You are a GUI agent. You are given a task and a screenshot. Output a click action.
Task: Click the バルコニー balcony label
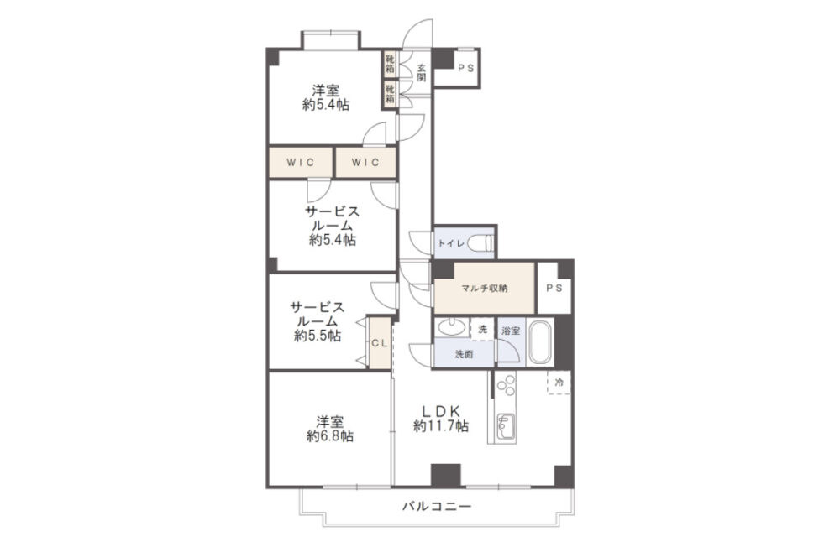click(437, 506)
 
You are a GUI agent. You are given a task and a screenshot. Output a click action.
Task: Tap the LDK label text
click(442, 412)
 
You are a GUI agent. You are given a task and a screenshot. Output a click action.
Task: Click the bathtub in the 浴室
click(540, 342)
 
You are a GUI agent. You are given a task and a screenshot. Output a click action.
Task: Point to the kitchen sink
click(505, 426)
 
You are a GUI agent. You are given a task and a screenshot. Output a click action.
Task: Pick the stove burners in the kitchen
click(506, 385)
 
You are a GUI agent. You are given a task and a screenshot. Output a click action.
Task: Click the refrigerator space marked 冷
click(559, 383)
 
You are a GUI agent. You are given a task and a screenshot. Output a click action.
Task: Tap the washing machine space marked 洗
click(482, 330)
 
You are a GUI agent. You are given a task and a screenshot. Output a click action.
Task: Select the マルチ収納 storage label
click(485, 289)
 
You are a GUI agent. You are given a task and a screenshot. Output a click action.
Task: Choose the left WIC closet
click(301, 163)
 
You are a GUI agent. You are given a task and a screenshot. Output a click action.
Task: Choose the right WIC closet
click(366, 163)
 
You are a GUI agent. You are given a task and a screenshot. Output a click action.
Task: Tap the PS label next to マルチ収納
click(554, 288)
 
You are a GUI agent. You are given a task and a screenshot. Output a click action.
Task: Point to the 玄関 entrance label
click(422, 73)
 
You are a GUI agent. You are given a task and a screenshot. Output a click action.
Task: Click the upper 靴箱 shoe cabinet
click(390, 64)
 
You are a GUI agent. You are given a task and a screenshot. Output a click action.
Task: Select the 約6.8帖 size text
click(329, 436)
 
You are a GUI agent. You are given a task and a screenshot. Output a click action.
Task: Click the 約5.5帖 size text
click(318, 336)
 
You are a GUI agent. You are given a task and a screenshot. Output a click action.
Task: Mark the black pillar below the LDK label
click(446, 476)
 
